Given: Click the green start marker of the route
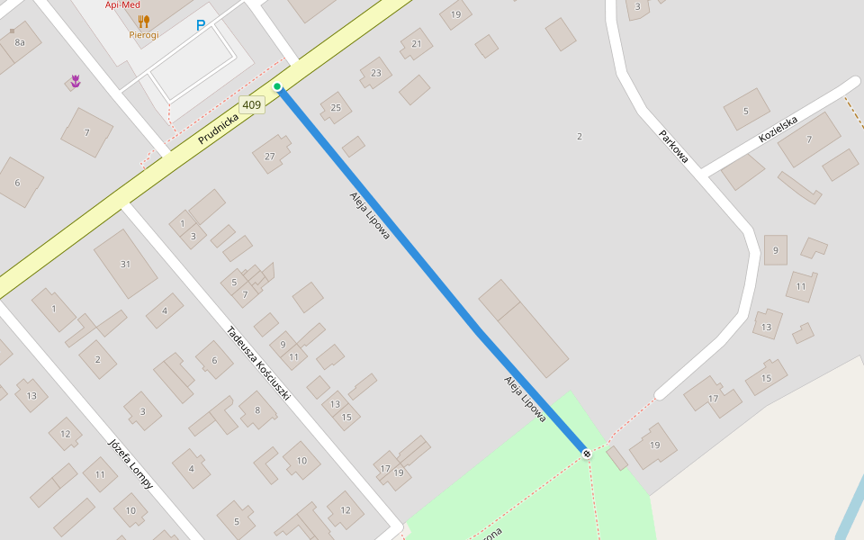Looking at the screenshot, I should click(278, 87).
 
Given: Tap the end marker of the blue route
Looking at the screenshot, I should click(587, 454).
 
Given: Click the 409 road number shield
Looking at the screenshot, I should click(252, 105).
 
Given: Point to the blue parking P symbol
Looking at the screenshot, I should click(201, 26).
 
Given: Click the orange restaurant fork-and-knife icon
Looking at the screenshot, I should click(143, 21).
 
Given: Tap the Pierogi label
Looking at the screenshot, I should click(143, 35).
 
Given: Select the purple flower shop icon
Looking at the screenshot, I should click(76, 81).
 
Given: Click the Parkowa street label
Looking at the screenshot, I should click(673, 147).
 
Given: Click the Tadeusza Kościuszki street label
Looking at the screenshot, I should click(258, 363).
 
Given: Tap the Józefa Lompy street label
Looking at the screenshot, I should click(130, 463).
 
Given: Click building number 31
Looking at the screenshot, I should click(125, 264).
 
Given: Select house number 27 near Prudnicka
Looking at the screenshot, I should click(269, 156).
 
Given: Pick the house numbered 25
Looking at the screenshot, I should click(336, 108).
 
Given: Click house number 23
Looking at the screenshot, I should click(375, 73).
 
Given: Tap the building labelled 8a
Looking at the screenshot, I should click(20, 42).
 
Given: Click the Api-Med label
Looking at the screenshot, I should click(122, 4).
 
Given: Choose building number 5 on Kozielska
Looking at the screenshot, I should click(745, 111).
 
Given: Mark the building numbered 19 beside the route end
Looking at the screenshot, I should click(654, 445).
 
